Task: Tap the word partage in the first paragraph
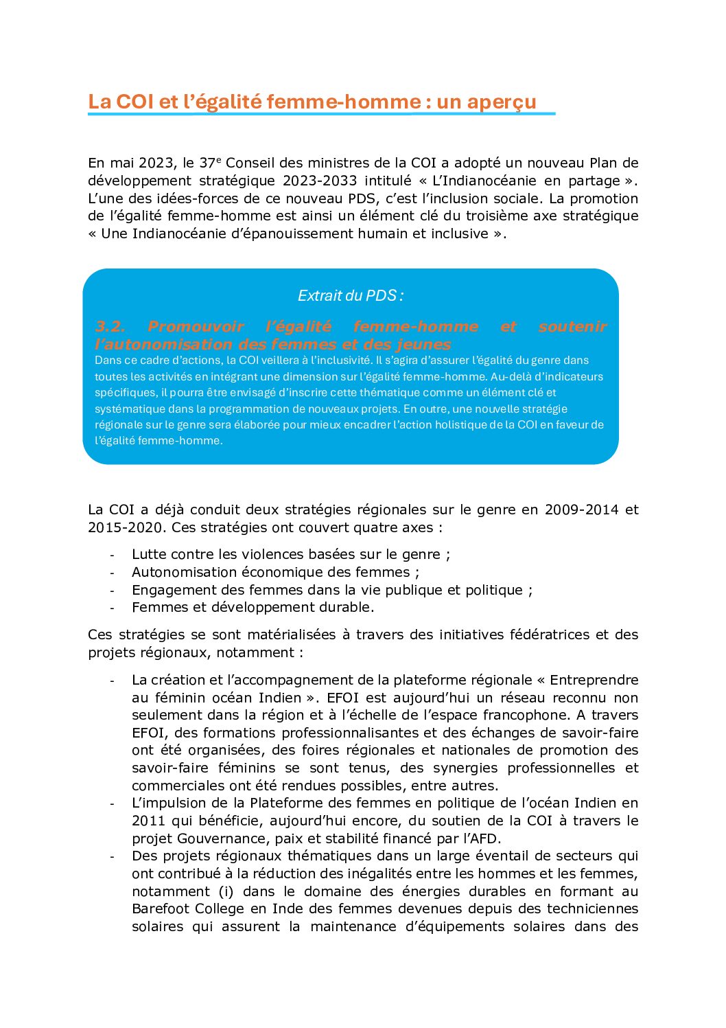click(594, 181)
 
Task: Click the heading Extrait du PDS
click(350, 296)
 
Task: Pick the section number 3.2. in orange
click(110, 327)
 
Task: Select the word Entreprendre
click(594, 680)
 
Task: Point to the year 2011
click(148, 821)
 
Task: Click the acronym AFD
click(484, 838)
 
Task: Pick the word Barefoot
click(161, 909)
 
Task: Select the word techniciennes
click(592, 909)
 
